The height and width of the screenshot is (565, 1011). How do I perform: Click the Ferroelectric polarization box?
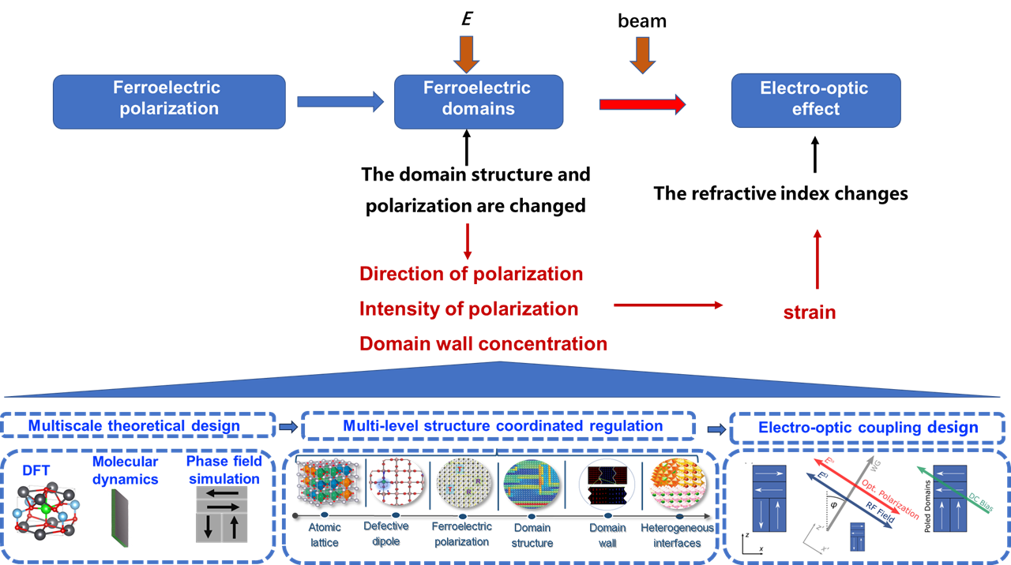tap(170, 101)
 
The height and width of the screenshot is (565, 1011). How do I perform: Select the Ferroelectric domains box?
tap(479, 101)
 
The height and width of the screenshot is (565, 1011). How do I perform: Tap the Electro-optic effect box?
tap(815, 100)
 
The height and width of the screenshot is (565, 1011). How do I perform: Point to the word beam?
tap(642, 21)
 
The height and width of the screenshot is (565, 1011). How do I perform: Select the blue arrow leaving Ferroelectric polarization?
tap(339, 101)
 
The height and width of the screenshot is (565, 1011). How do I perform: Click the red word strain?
tap(810, 312)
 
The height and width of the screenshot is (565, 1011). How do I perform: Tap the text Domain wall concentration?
tap(483, 343)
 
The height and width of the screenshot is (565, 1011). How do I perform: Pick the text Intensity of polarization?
tap(469, 309)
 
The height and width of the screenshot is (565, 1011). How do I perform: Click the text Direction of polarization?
tap(472, 274)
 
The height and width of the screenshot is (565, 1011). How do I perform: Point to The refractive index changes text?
tap(781, 193)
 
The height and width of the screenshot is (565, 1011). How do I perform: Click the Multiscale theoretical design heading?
tap(134, 426)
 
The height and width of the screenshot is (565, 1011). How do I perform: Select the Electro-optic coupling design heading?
tap(867, 428)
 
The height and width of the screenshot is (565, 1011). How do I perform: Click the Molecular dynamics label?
tap(125, 470)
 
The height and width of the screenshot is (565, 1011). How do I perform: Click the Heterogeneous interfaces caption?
tap(677, 534)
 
